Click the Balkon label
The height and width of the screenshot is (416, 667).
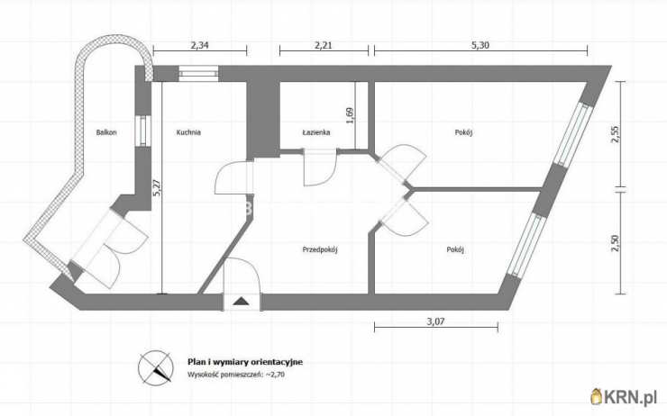point(106,132)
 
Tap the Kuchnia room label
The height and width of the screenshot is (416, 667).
point(188,132)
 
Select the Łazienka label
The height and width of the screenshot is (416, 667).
point(316,132)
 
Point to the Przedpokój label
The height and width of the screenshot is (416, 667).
point(320,249)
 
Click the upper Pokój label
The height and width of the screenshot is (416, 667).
point(463,132)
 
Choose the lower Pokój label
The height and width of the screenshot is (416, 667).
point(455,249)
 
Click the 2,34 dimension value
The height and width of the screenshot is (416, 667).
point(199,45)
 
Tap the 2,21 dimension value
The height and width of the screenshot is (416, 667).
point(324,45)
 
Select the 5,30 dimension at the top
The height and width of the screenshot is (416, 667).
point(480,45)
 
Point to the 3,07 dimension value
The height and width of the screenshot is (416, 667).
point(435,321)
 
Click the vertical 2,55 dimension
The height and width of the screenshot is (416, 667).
point(616,134)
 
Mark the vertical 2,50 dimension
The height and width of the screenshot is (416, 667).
point(616,243)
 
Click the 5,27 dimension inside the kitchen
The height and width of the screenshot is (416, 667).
point(157,187)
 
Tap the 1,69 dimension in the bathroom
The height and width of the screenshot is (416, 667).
point(350,115)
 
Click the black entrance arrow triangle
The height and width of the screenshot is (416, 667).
point(242,302)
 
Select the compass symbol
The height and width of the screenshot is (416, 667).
point(156,368)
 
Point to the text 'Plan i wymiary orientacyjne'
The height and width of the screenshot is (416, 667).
point(245,362)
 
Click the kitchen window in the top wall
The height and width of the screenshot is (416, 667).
point(198,74)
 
